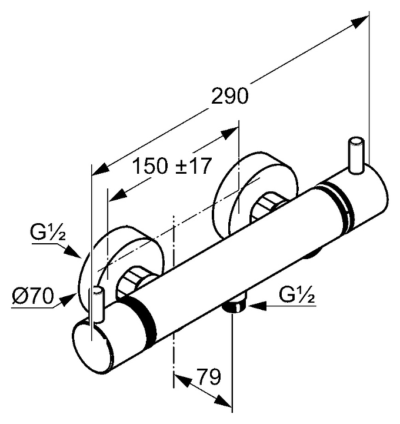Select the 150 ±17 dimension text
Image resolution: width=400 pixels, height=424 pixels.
tap(171, 166)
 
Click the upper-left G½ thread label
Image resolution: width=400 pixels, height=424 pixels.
tap(48, 236)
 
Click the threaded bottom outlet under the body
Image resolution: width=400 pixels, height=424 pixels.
tap(237, 306)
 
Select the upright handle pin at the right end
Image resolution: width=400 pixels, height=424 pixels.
tap(356, 155)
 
